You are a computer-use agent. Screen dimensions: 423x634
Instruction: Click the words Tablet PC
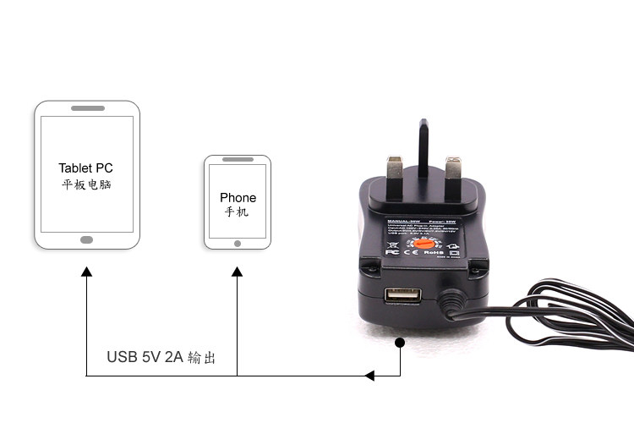85,168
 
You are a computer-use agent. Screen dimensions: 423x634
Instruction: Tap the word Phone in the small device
238,197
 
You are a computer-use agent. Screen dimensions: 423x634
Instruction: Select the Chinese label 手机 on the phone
237,212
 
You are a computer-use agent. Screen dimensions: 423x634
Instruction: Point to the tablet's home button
86,239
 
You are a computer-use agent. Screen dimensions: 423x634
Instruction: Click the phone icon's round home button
238,243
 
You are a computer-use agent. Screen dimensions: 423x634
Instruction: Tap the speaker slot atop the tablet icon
87,108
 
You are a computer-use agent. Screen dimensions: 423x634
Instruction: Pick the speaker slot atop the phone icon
238,160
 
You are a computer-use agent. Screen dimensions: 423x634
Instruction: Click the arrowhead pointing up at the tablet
86,272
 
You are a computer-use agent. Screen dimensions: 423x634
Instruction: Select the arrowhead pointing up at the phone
237,272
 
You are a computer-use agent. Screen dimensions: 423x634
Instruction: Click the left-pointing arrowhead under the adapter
370,375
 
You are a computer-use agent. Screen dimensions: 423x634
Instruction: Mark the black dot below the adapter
399,343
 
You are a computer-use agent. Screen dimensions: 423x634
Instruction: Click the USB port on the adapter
403,297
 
